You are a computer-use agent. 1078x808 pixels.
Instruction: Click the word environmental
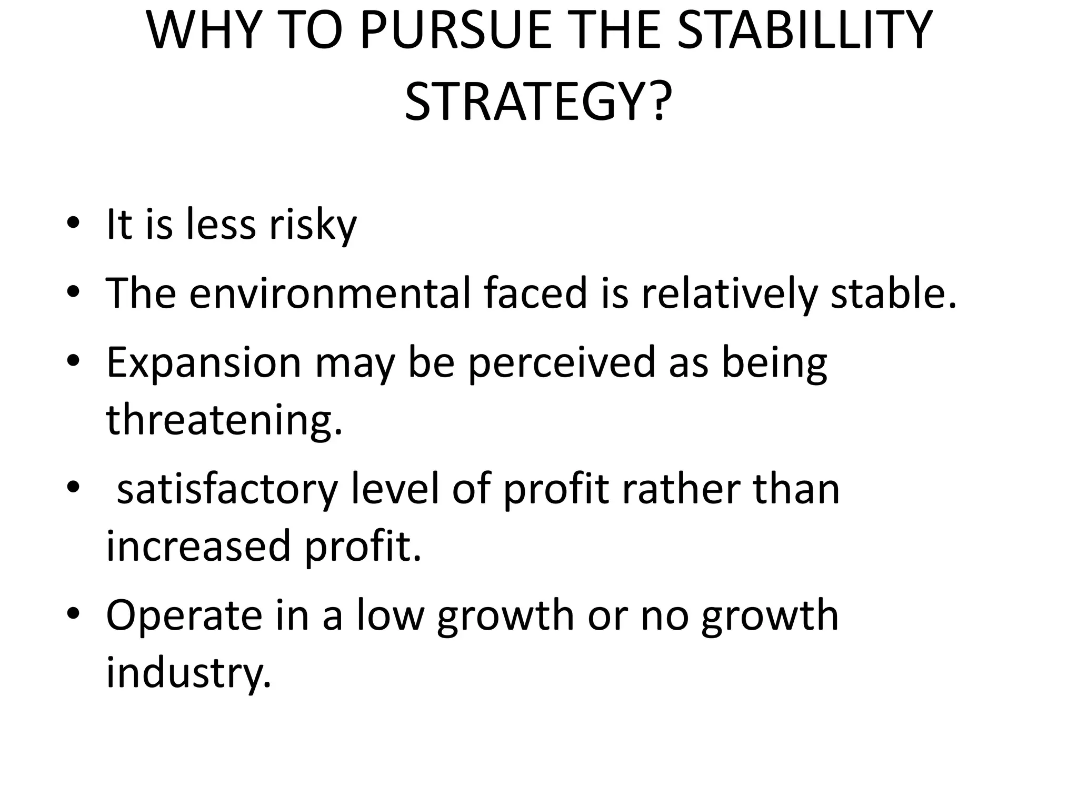coord(330,293)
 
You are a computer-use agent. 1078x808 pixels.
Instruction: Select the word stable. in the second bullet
coord(893,293)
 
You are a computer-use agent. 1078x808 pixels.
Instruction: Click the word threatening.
coord(224,420)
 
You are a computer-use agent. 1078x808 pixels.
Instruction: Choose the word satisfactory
coord(227,489)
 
